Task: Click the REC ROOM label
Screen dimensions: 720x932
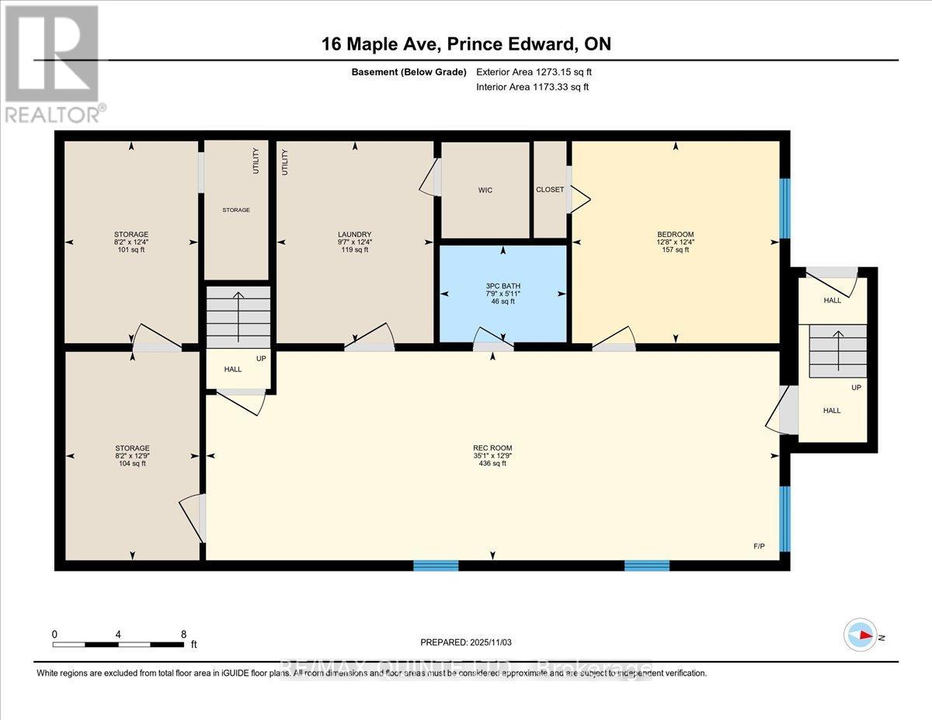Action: coord(492,447)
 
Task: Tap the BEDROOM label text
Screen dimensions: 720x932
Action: coord(675,234)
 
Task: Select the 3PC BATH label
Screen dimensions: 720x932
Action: coord(503,286)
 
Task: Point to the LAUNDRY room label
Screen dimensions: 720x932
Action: coord(354,235)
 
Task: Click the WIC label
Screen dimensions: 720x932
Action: coord(485,190)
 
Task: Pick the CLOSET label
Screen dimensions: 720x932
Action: coord(550,190)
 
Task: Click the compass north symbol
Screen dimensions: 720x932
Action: coord(860,635)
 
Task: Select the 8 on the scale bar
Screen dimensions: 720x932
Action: coord(183,634)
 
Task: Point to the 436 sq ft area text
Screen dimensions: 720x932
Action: coord(492,464)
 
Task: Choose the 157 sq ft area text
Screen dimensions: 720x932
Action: coord(675,250)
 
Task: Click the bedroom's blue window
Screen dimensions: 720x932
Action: coord(784,208)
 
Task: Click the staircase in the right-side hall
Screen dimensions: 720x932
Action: coord(837,350)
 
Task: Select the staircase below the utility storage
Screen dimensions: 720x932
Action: coord(238,317)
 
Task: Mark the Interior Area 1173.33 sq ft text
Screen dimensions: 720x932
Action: coord(532,87)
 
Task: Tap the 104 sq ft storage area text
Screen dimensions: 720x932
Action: coord(132,464)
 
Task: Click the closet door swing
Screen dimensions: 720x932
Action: coord(579,199)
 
